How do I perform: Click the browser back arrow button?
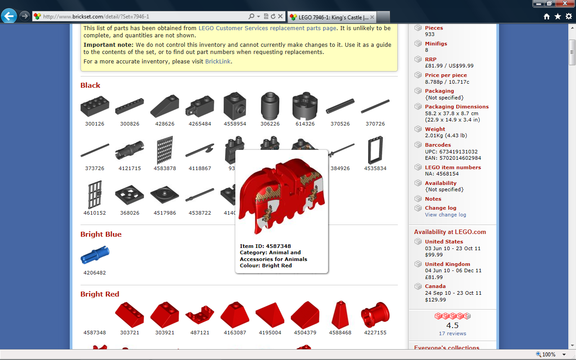coord(9,16)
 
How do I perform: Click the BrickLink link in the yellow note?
coord(217,62)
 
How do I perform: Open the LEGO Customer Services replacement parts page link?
coord(267,28)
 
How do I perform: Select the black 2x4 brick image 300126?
coord(94,106)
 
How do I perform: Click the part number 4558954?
coord(235,124)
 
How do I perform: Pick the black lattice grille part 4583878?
coord(165,150)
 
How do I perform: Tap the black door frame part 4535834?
coord(375,150)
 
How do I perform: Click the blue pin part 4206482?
coord(94,255)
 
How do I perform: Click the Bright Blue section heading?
coord(101,234)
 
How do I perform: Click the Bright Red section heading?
coord(100,294)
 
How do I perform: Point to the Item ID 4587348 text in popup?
coord(265,246)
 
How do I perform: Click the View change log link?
coord(445,215)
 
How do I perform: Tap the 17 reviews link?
coord(452,333)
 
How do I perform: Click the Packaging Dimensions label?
coord(457,107)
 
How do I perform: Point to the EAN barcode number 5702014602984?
coord(460,158)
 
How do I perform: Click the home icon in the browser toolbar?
coord(547,17)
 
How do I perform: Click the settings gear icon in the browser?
coord(569,17)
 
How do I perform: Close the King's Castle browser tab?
coord(372,17)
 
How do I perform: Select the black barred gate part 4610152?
coord(94,194)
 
